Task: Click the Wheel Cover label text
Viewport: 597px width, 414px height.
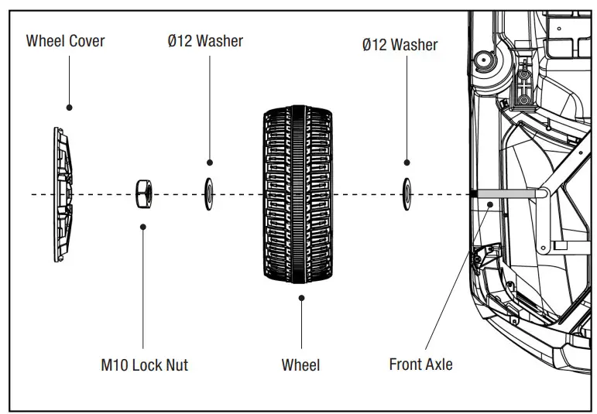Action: [x=66, y=41]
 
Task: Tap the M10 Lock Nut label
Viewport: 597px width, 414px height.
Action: [x=144, y=364]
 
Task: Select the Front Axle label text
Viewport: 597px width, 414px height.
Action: [x=420, y=364]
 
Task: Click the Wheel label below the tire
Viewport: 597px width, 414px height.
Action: [x=300, y=364]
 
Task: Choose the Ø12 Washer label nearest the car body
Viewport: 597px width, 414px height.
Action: [x=400, y=44]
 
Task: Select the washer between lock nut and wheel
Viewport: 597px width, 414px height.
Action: [x=208, y=193]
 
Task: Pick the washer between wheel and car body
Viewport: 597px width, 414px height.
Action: [x=407, y=193]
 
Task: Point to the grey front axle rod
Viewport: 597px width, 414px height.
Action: [x=507, y=192]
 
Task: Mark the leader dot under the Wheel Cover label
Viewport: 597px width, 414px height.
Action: [x=69, y=108]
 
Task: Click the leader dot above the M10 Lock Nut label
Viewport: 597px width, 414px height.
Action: [x=143, y=227]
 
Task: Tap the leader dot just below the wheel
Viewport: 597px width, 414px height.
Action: [x=301, y=297]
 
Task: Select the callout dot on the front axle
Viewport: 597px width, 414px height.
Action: [x=492, y=205]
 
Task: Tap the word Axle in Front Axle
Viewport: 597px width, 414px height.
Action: [x=438, y=364]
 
